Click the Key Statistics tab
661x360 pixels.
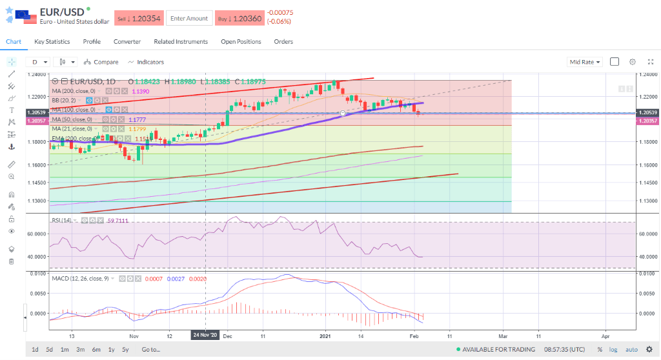52,42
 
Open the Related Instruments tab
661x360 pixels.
181,42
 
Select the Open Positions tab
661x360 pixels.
241,42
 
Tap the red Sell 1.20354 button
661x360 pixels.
139,19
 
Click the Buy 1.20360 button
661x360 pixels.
239,19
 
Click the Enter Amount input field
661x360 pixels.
188,19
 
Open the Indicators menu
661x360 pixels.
146,62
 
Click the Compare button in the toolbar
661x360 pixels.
101,62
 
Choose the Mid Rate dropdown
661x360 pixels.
585,62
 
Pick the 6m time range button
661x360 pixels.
96,350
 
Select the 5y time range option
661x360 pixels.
126,350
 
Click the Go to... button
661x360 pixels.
150,350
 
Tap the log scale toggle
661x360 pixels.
613,350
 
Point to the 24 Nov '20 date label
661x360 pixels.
205,335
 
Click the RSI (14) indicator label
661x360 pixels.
62,221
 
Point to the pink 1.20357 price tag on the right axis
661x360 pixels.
647,121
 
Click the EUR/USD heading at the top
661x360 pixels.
61,12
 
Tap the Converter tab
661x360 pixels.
127,42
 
